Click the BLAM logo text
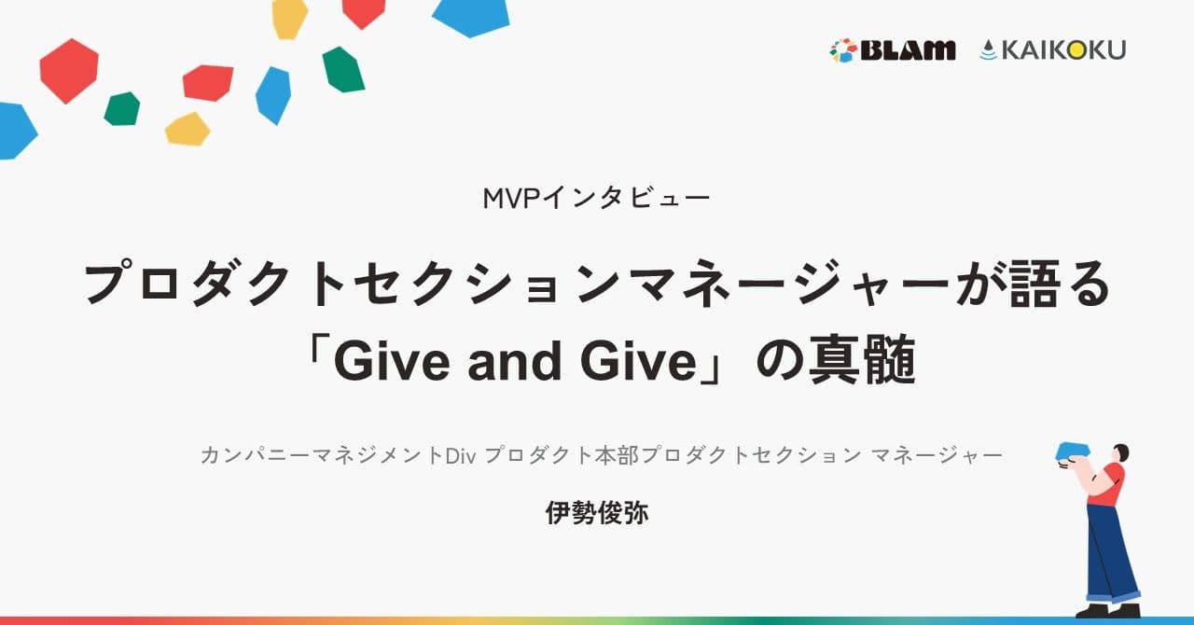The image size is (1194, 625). [907, 50]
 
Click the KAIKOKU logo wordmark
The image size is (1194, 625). [1062, 50]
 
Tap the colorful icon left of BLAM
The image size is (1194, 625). [842, 50]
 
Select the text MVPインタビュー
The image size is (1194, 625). [597, 198]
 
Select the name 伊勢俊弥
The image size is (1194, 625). [597, 513]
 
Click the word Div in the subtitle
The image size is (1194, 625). [462, 456]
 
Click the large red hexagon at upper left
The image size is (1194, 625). [68, 70]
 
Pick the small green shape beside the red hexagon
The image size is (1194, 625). [122, 109]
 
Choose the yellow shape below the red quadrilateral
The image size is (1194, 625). [187, 130]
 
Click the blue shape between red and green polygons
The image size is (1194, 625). [273, 95]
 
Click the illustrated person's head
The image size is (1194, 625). [1120, 453]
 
